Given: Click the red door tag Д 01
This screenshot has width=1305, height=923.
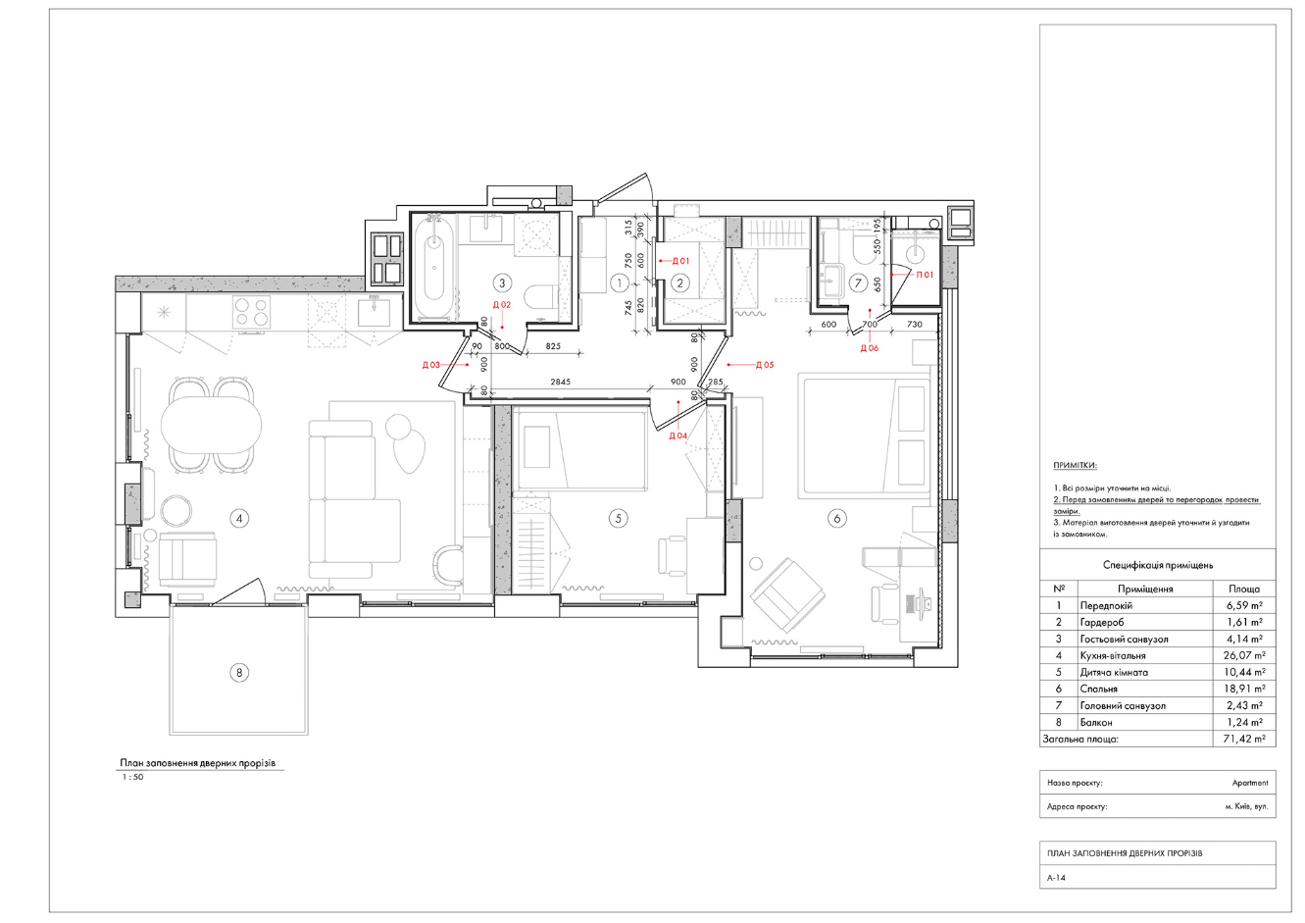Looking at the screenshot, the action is (x=680, y=261).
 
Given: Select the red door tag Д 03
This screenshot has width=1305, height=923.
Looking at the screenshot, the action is (x=430, y=365).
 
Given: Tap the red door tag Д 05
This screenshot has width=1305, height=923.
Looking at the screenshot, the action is (x=765, y=365).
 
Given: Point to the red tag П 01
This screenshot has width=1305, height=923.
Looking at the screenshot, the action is (x=926, y=275).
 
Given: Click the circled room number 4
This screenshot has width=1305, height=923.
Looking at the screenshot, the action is (x=239, y=518).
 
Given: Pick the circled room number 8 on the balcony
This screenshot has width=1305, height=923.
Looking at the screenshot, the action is (x=239, y=673).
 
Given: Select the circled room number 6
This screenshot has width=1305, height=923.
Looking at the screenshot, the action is (x=837, y=518).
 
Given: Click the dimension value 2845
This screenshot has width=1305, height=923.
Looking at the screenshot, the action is (x=560, y=383).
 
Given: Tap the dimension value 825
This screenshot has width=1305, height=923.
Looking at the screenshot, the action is (x=553, y=346).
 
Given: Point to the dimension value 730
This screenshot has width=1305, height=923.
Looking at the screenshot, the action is (x=915, y=325).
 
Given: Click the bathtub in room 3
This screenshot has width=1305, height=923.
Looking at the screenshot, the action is (x=433, y=268).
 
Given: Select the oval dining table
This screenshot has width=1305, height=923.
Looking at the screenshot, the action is (x=211, y=426).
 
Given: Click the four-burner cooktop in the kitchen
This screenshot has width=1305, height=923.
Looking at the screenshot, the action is (x=251, y=312).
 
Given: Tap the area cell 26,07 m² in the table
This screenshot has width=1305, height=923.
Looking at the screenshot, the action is (x=1244, y=655).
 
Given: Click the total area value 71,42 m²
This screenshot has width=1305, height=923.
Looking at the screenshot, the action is (x=1244, y=739).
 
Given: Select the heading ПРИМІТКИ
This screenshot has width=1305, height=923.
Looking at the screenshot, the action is (x=1075, y=466).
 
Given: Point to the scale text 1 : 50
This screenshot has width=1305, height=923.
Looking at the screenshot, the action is (x=132, y=777).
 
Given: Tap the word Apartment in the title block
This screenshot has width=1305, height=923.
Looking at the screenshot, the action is (x=1250, y=783).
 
